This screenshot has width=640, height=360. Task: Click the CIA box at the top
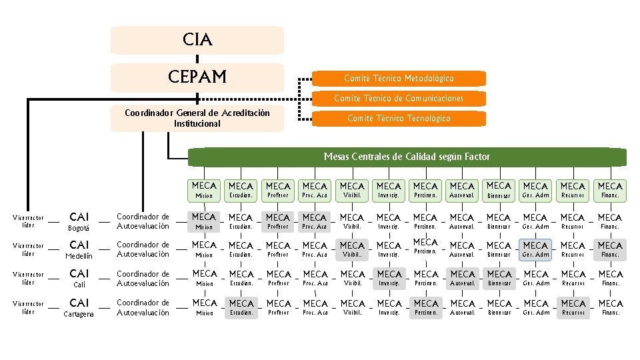(x=197, y=40)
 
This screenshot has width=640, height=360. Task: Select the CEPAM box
(x=197, y=77)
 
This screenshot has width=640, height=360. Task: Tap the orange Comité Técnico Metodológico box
(x=399, y=79)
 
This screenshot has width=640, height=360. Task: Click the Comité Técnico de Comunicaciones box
(x=399, y=98)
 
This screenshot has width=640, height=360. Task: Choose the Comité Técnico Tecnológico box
(x=399, y=118)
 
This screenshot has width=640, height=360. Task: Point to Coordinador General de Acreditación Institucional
(x=197, y=118)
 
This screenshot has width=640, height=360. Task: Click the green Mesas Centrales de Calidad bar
(x=407, y=157)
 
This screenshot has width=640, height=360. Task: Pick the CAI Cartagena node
(x=79, y=307)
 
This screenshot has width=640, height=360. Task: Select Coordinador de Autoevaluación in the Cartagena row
(x=143, y=307)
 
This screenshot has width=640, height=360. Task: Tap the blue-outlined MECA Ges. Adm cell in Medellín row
(x=535, y=250)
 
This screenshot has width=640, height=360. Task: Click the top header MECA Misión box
(x=204, y=190)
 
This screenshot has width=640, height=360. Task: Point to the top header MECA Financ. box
(x=609, y=190)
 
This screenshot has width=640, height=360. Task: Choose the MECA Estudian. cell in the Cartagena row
(x=241, y=307)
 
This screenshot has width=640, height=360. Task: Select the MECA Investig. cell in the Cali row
(x=389, y=278)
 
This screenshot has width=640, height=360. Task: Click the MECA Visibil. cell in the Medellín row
(x=352, y=250)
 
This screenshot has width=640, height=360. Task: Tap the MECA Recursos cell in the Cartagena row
(x=573, y=307)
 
